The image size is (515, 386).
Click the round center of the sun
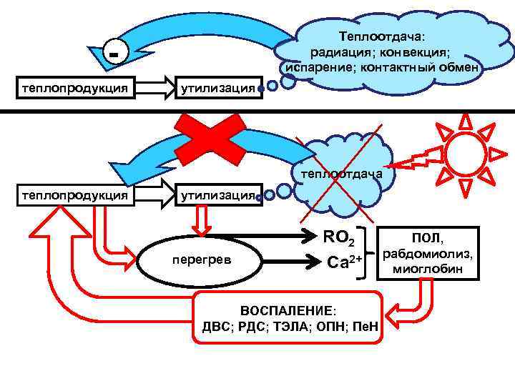[466, 153]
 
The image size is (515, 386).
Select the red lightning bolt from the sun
[414, 160]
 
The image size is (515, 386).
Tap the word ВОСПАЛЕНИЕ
[287, 312]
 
